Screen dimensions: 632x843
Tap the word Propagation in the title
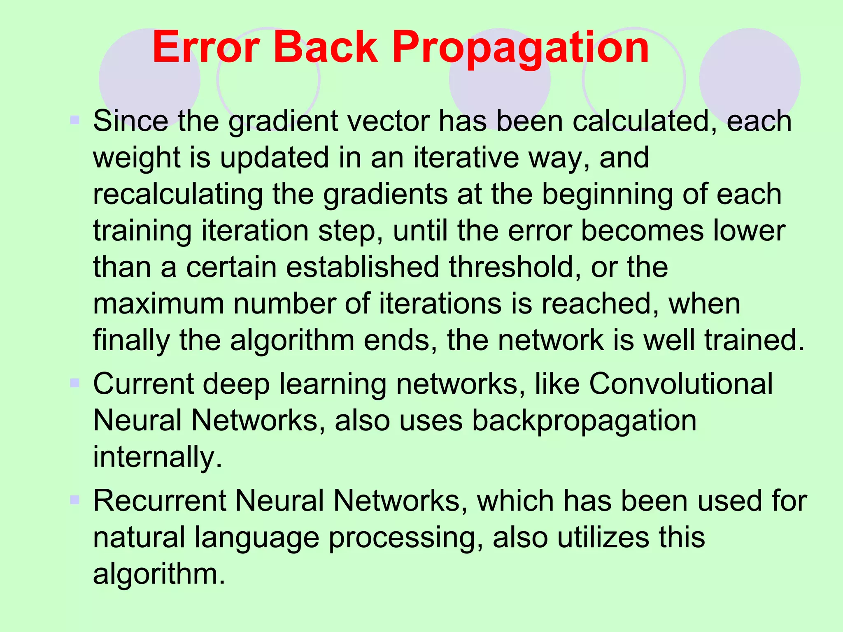(520, 49)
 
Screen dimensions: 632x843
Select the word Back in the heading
(325, 48)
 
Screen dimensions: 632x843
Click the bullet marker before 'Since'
(75, 121)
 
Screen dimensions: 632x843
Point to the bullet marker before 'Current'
(75, 383)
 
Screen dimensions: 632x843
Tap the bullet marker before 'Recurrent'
(75, 500)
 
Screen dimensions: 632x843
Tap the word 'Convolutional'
(681, 384)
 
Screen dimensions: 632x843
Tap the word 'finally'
(131, 341)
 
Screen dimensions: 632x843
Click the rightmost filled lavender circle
(750, 78)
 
